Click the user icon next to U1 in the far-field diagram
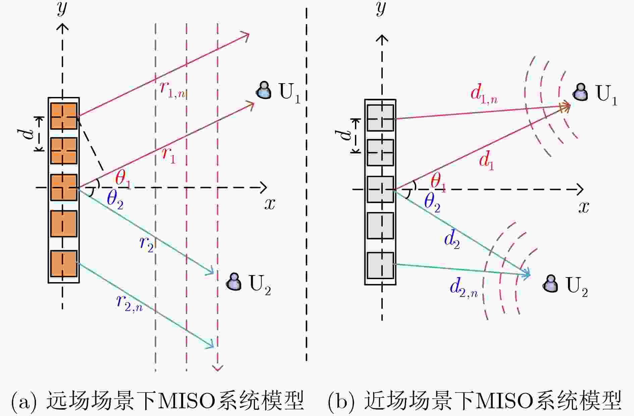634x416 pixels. [264, 90]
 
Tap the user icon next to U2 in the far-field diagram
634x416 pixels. [234, 281]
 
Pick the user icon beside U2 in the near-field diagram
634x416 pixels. [550, 283]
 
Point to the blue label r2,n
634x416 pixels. [129, 303]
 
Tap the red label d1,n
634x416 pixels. [484, 94]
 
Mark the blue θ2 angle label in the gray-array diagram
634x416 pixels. [432, 203]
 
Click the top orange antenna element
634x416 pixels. [64, 116]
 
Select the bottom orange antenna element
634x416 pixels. [64, 264]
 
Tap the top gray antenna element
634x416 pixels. [380, 118]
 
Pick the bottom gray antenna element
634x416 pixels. [380, 266]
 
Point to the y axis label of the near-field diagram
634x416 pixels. [380, 8]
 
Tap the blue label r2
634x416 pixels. [147, 244]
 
